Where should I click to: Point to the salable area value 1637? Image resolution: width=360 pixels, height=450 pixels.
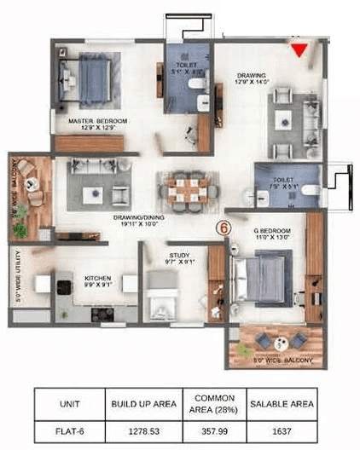[x=281, y=431]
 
